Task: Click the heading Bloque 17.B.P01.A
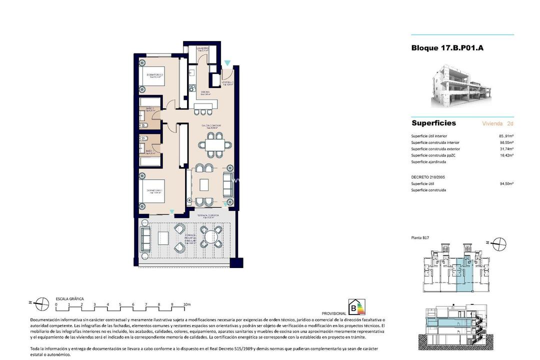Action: (447, 48)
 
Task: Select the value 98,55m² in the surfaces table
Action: (507, 142)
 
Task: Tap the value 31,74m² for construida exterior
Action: (507, 149)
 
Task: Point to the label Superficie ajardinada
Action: (428, 162)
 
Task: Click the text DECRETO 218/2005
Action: (428, 177)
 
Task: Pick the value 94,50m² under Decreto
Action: (507, 183)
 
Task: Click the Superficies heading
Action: (433, 123)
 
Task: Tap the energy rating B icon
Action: (356, 307)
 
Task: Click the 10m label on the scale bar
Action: (186, 304)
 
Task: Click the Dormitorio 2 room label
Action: (155, 76)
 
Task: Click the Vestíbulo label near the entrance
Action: (227, 83)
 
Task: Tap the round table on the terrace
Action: (209, 236)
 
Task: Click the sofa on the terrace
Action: (146, 239)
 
